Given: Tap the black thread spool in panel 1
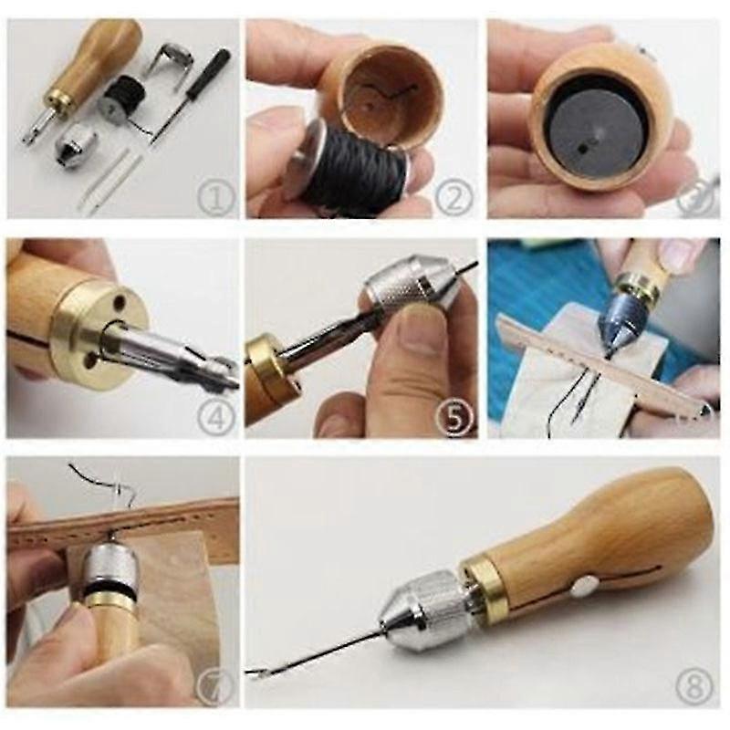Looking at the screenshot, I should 120,96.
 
